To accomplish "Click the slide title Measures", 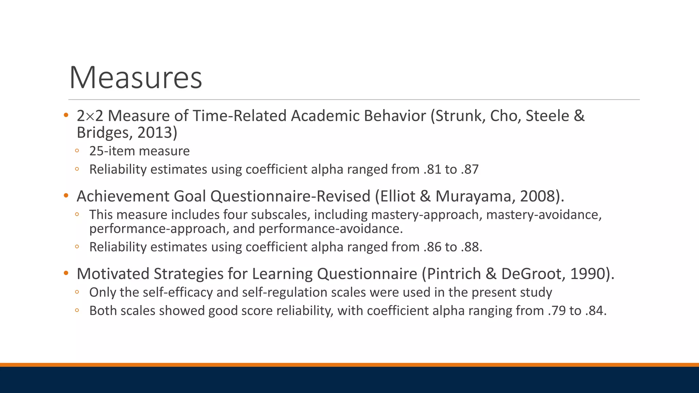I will click(x=135, y=78).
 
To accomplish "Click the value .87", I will click(x=470, y=170).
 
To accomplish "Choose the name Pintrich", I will click(x=454, y=274).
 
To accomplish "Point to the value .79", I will click(x=556, y=311).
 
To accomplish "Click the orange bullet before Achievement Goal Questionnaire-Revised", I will click(x=66, y=196).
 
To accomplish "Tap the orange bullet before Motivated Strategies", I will click(x=66, y=273).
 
